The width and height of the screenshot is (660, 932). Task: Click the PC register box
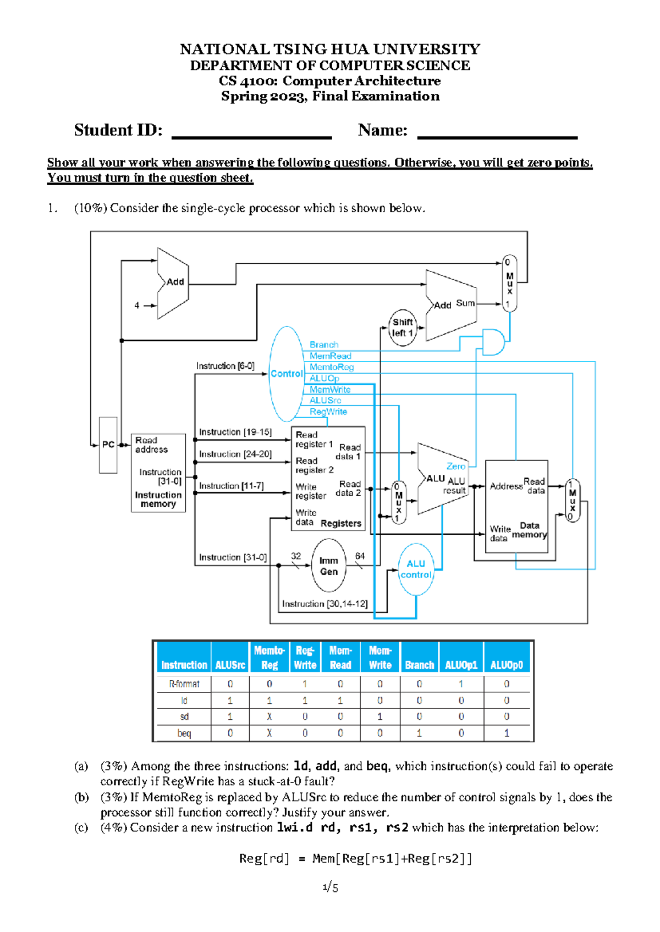point(108,445)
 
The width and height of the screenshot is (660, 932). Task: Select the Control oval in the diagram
point(286,374)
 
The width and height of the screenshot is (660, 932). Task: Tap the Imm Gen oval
point(329,566)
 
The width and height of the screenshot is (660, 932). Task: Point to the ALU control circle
point(416,569)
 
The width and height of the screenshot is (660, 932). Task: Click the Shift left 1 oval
point(403,328)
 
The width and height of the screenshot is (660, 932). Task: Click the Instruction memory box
point(158,473)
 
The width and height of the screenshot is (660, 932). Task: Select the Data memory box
point(516,510)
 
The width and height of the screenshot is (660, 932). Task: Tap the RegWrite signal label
point(328,412)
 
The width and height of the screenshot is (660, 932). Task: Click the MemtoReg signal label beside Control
point(332,367)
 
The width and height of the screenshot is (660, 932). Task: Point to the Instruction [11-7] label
point(232,486)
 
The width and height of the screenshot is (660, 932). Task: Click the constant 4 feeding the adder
point(137,306)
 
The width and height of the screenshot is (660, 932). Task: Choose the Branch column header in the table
point(419,665)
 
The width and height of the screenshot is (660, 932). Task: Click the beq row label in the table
point(184,733)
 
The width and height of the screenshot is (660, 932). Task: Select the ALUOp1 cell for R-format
point(461,684)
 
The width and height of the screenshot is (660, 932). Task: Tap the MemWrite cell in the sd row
point(380,717)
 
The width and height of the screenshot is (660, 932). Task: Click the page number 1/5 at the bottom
point(330,887)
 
